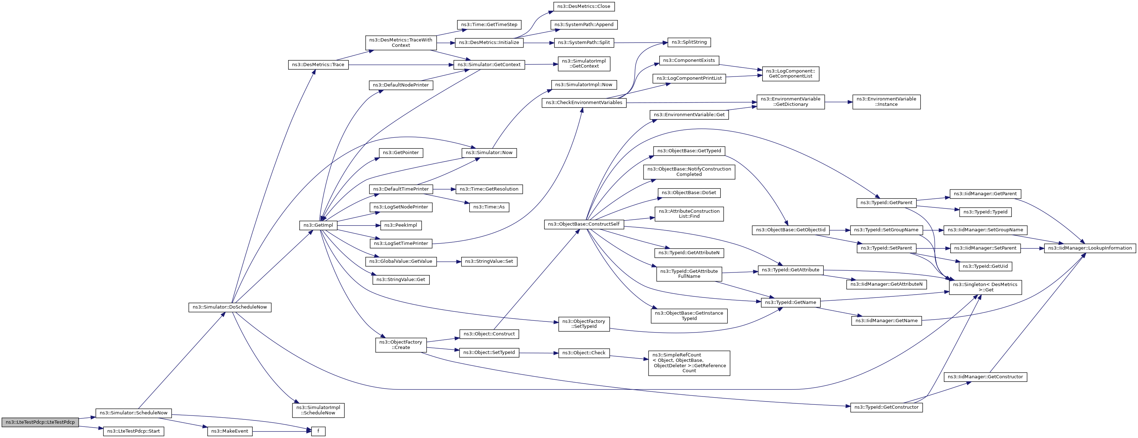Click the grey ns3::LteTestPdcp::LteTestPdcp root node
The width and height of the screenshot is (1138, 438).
pyautogui.click(x=40, y=422)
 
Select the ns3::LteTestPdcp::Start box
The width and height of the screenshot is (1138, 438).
pyautogui.click(x=133, y=431)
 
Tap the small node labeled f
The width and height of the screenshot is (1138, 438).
pyautogui.click(x=318, y=431)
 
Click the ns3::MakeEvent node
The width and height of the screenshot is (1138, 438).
pyautogui.click(x=230, y=431)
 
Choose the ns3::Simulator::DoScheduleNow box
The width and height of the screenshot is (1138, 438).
pyautogui.click(x=230, y=307)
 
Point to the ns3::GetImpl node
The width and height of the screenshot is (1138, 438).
pyautogui.click(x=318, y=225)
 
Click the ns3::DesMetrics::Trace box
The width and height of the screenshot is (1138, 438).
pyautogui.click(x=318, y=64)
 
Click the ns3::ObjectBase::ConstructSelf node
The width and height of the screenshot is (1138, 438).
pyautogui.click(x=583, y=224)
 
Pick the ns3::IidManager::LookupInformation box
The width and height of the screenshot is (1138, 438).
pyautogui.click(x=1090, y=248)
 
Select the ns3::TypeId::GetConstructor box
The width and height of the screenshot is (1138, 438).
pyautogui.click(x=886, y=407)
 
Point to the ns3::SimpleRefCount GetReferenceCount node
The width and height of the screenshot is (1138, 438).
pyautogui.click(x=689, y=363)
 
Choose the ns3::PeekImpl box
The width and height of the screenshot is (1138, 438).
pyautogui.click(x=401, y=225)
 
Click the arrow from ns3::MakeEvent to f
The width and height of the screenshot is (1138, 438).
pyautogui.click(x=282, y=431)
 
